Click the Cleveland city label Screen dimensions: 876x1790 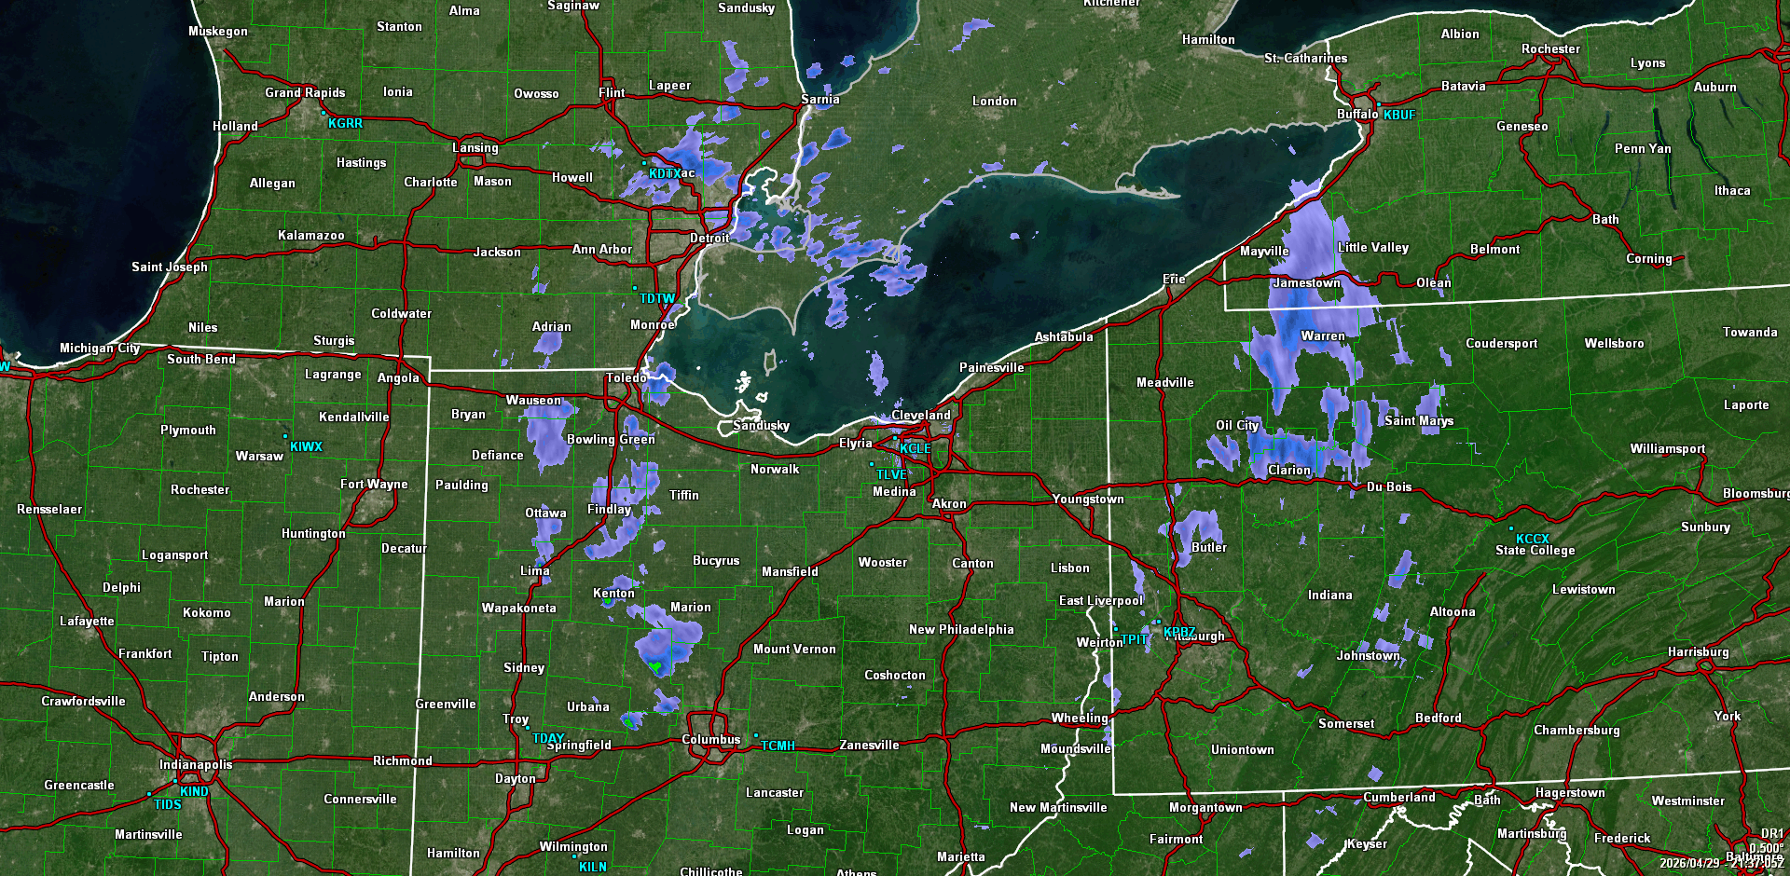[920, 415]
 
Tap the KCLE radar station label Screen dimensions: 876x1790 [915, 448]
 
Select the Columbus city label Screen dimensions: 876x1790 [710, 739]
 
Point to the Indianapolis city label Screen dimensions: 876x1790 [196, 764]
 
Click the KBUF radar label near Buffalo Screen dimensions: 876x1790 [1398, 115]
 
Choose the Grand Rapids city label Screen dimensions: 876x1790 [305, 92]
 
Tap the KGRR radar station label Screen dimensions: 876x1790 [345, 123]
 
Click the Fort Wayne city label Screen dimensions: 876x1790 [374, 484]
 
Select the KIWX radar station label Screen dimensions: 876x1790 [306, 446]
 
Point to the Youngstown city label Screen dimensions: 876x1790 [1088, 499]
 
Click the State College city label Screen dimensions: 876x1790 [1535, 550]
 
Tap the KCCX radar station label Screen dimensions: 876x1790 [1532, 539]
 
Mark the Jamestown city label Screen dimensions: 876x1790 [1306, 282]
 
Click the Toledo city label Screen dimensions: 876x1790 [626, 377]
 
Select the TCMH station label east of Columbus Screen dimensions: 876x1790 [778, 746]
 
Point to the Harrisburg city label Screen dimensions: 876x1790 [1698, 651]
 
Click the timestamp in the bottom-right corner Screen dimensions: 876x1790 [1721, 863]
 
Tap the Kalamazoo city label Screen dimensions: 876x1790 [310, 235]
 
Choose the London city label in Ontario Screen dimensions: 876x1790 [994, 101]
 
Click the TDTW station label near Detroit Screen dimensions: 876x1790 [657, 298]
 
